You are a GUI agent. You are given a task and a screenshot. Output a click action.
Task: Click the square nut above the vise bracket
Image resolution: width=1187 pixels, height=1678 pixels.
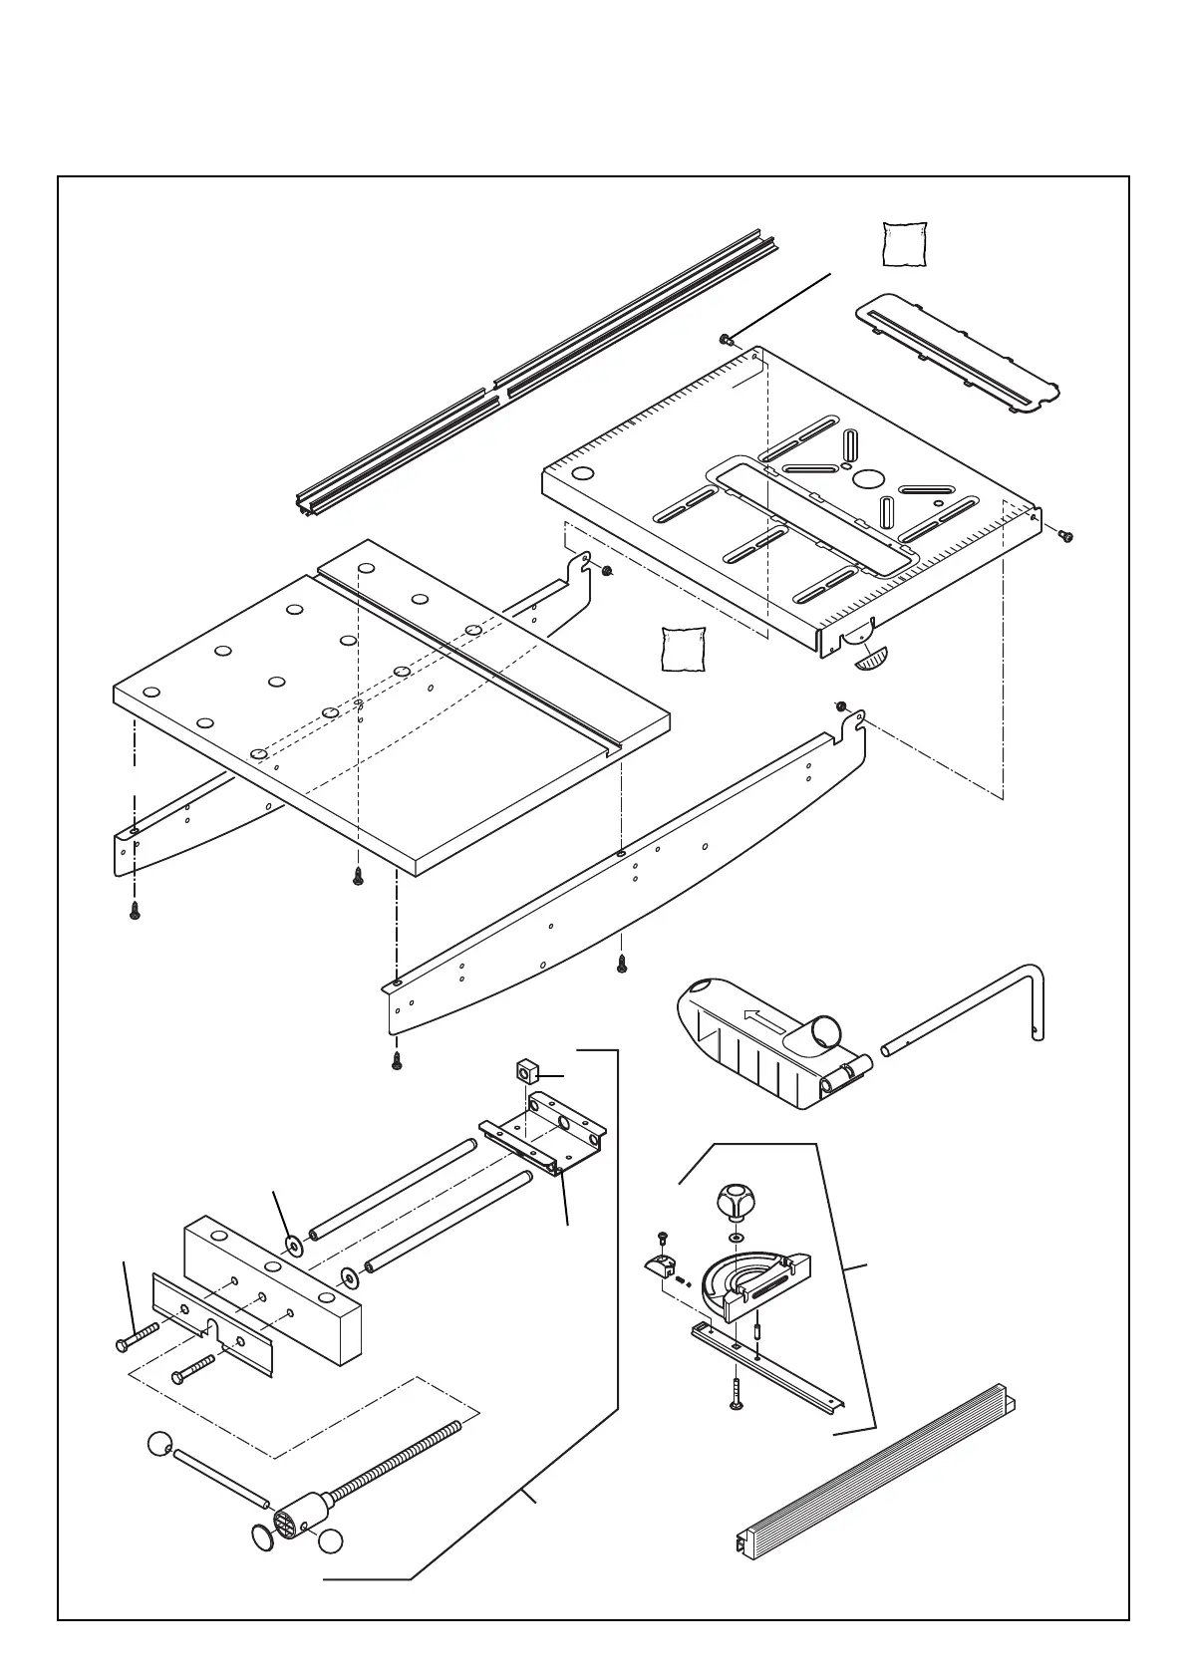[x=525, y=1073]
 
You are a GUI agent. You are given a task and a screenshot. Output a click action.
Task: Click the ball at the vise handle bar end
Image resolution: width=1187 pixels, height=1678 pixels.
[x=160, y=1444]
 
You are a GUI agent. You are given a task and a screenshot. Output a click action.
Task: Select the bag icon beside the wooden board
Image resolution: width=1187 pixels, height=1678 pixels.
[x=684, y=649]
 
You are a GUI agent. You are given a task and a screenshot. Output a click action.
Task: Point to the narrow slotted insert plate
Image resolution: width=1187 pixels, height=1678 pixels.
[x=957, y=349]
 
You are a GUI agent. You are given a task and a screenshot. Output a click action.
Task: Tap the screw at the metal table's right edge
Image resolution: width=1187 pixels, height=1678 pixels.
[x=1065, y=536]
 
